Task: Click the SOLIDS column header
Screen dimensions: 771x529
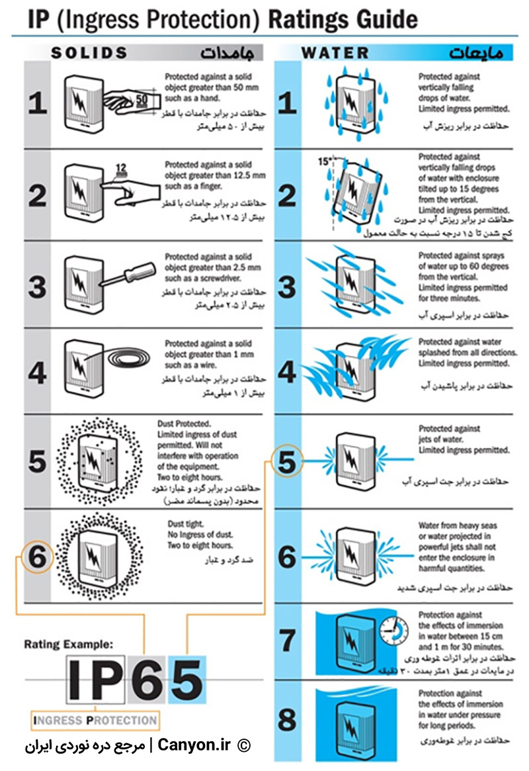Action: [x=90, y=52]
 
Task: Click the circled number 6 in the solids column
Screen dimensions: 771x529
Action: [x=37, y=557]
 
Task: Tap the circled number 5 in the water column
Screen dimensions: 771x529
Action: [x=286, y=461]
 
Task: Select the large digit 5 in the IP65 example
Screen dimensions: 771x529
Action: [x=186, y=680]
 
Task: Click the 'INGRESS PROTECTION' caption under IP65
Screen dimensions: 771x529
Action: [x=95, y=719]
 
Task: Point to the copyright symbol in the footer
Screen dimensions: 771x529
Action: [x=244, y=746]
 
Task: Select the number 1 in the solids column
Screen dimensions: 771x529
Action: [x=37, y=104]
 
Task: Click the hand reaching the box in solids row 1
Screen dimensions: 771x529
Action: [x=132, y=101]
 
